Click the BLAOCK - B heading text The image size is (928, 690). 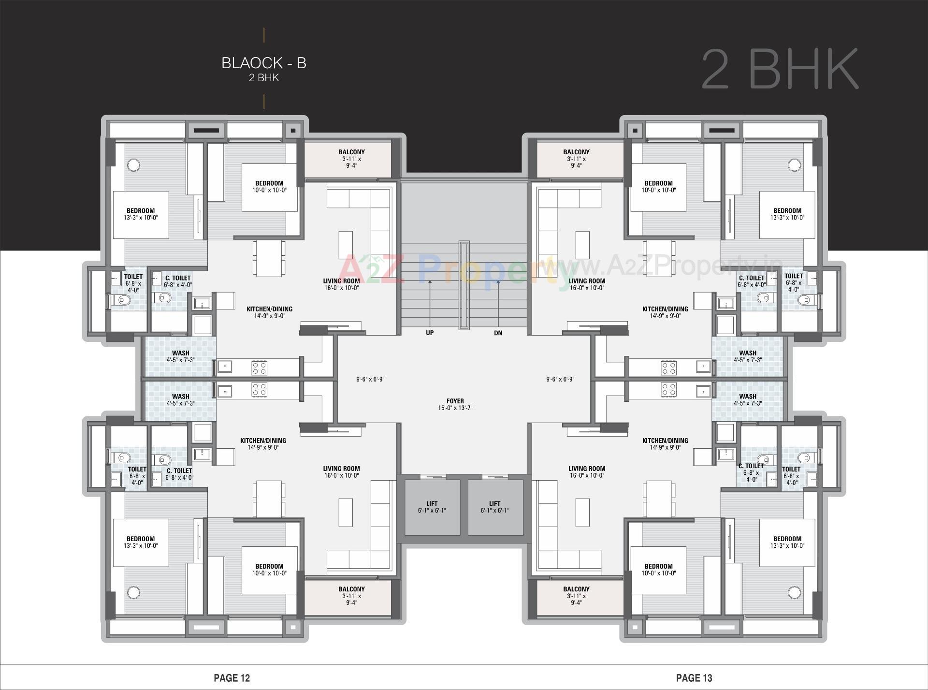pos(264,63)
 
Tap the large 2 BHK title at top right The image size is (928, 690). pos(780,69)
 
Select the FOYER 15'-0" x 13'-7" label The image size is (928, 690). pos(455,404)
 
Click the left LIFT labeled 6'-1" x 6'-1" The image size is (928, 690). pos(432,507)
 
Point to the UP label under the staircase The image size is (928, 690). pos(430,333)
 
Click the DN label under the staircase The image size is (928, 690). pos(498,333)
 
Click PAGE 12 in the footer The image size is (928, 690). pos(232,678)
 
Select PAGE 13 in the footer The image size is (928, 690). pos(694,678)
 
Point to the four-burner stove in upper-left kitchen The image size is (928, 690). pos(259,368)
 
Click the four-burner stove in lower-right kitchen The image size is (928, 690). pos(668,390)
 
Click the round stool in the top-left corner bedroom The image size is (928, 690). pos(134,165)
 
